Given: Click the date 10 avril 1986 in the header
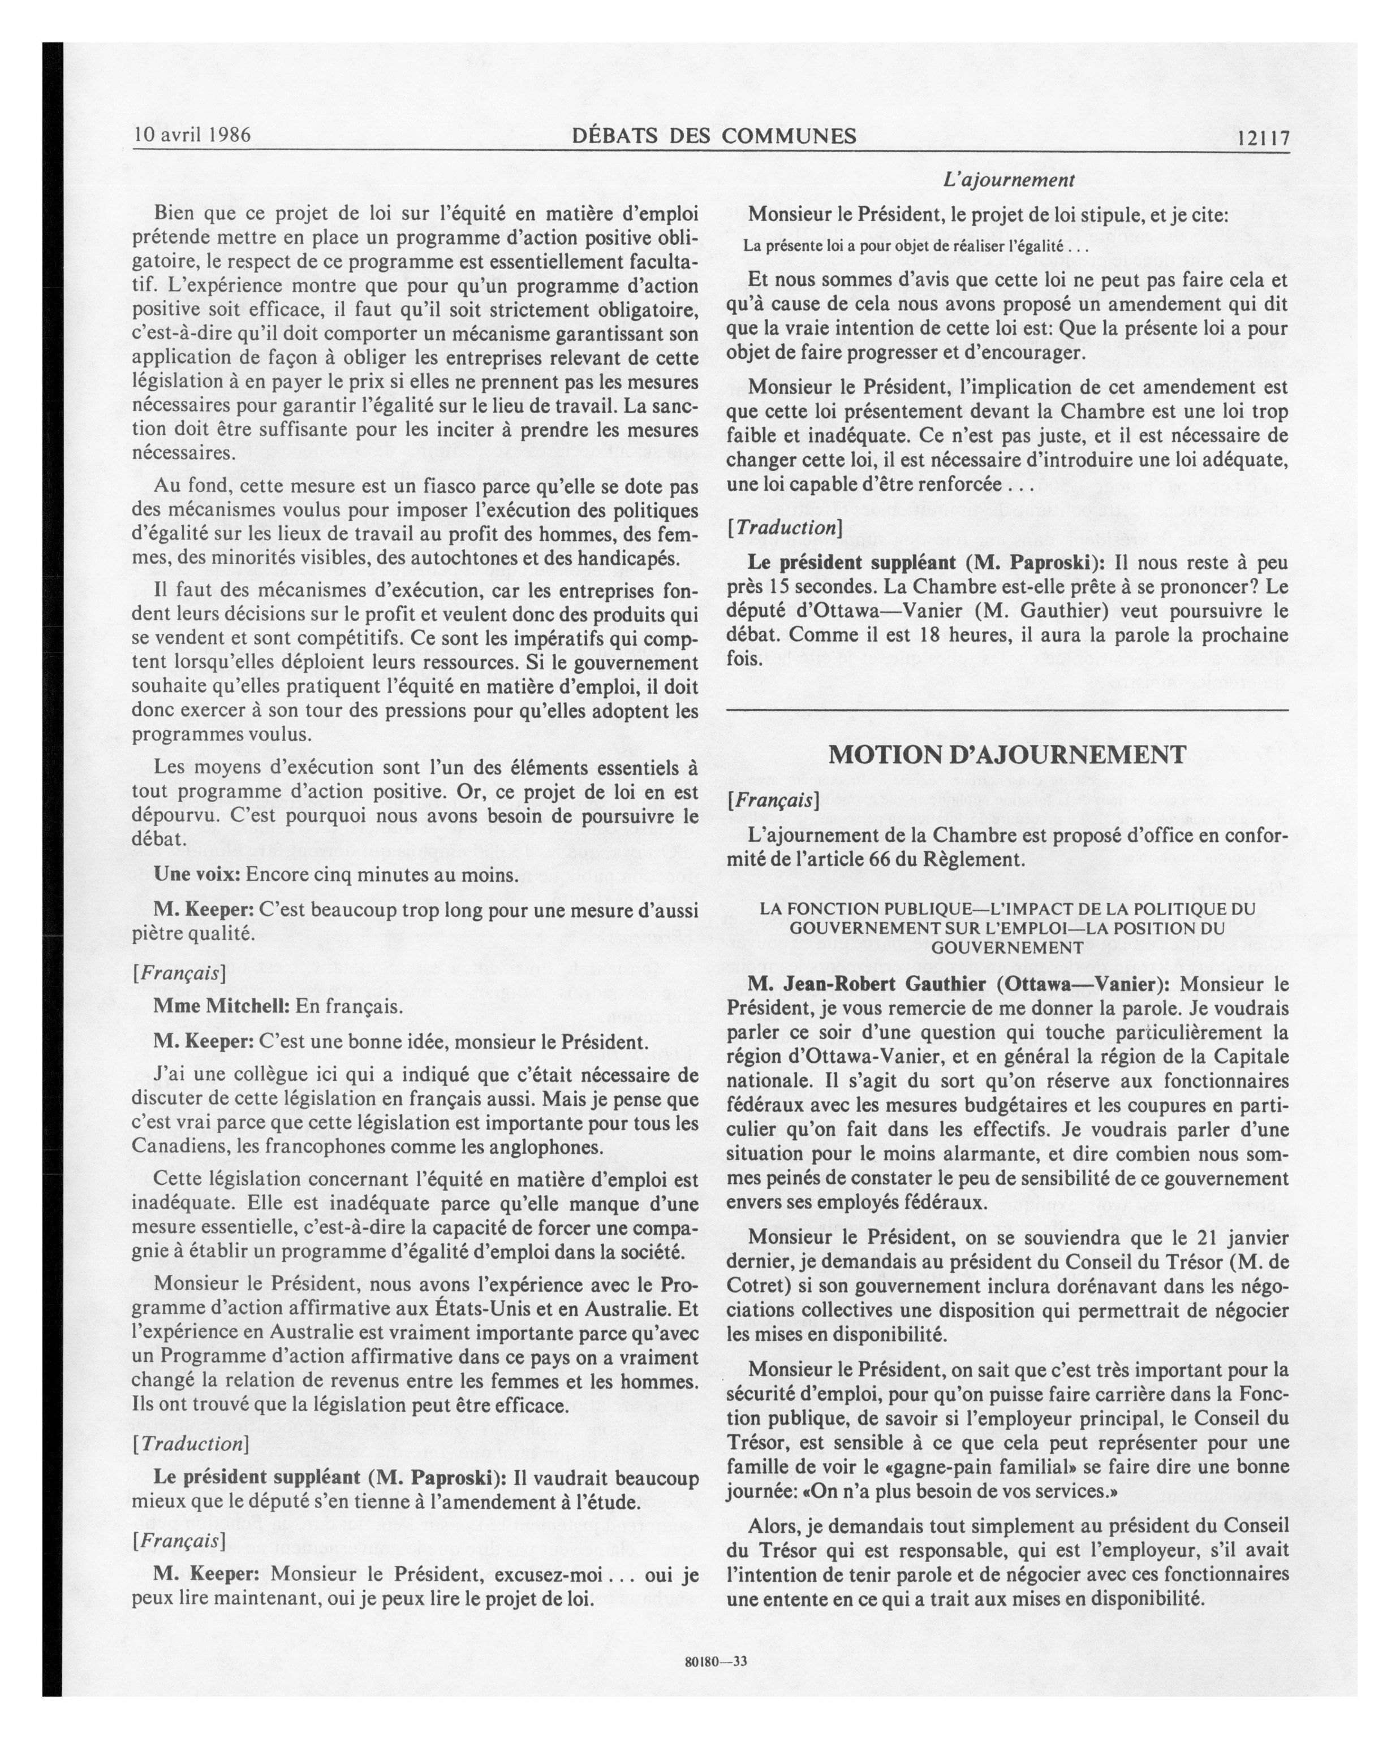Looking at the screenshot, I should pyautogui.click(x=192, y=135).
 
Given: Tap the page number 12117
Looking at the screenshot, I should pyautogui.click(x=1263, y=138).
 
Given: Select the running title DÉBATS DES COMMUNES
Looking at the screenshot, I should pyautogui.click(x=714, y=136).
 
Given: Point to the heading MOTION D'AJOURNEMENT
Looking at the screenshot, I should pyautogui.click(x=1008, y=755).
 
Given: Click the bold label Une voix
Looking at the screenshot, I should pyautogui.click(x=196, y=875).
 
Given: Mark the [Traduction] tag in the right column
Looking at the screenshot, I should pyautogui.click(x=783, y=527).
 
